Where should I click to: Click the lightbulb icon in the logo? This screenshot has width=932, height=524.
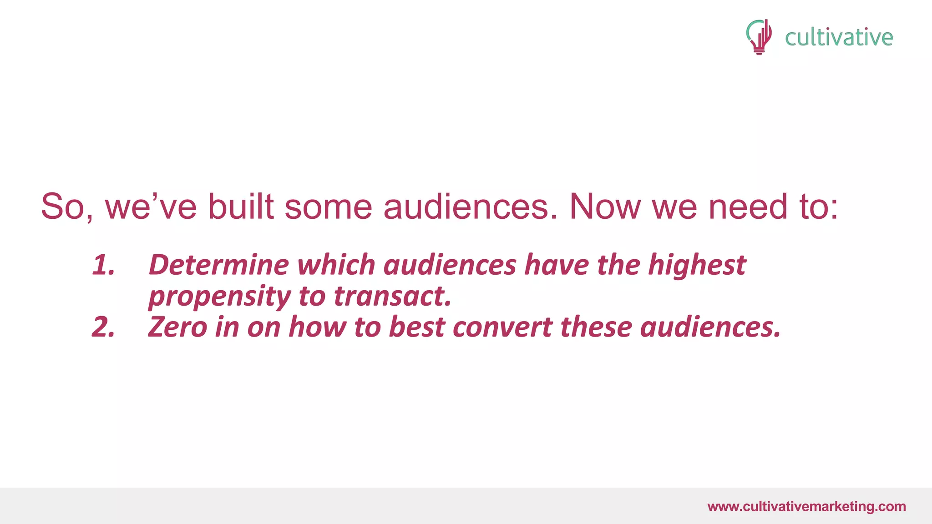click(759, 37)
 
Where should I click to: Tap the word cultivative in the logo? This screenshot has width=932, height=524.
click(839, 37)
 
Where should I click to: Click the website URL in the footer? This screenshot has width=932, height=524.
click(806, 506)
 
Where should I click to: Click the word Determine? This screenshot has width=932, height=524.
click(219, 265)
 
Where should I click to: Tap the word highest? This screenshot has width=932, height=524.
click(697, 266)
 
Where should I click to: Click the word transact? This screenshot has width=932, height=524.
click(393, 296)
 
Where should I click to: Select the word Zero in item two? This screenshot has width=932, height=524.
click(177, 327)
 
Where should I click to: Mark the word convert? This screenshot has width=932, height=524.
click(502, 327)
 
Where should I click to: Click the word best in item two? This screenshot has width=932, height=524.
click(416, 327)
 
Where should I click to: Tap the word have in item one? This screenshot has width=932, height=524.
click(557, 265)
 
